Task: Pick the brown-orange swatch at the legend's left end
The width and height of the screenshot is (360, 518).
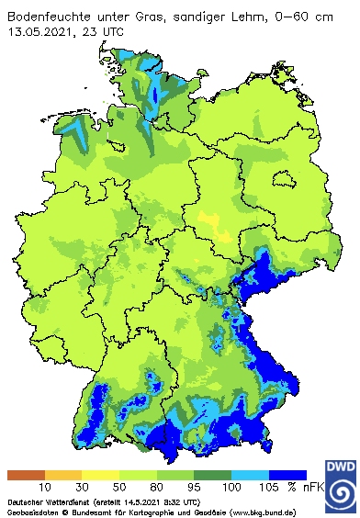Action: point(25,475)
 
